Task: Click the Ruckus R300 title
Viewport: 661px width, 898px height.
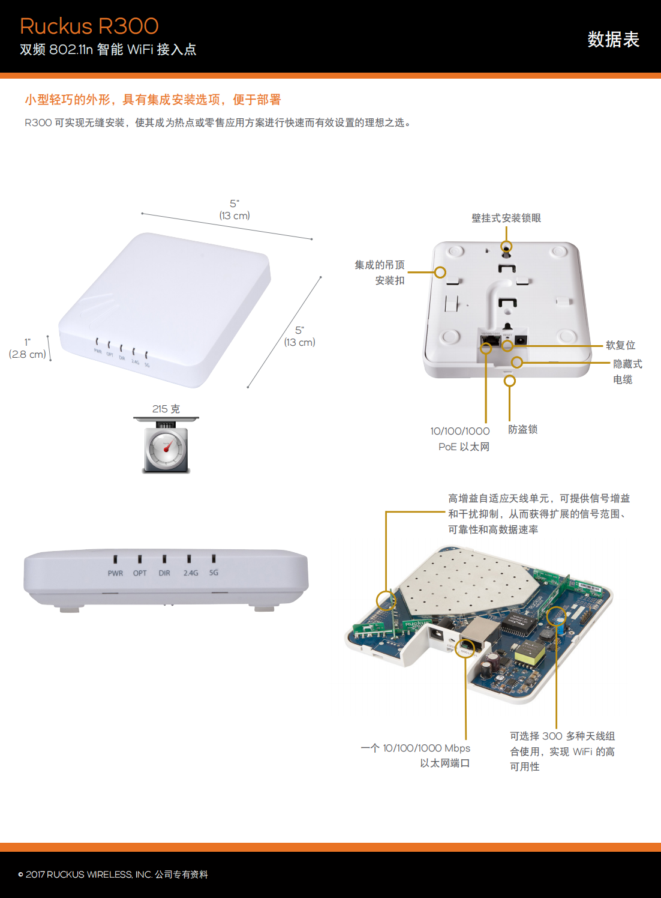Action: click(x=89, y=26)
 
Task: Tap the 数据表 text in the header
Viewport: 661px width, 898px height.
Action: click(x=613, y=40)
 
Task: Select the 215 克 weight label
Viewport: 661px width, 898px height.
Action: click(x=166, y=409)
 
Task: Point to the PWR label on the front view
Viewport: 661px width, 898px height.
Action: click(x=115, y=573)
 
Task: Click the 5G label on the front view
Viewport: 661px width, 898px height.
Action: click(x=214, y=573)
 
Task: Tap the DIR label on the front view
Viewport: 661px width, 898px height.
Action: click(x=164, y=573)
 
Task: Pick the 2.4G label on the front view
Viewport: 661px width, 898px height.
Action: click(x=191, y=573)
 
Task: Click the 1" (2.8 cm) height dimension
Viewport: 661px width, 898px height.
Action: click(x=28, y=349)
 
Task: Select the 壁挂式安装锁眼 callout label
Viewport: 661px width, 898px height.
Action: click(x=506, y=218)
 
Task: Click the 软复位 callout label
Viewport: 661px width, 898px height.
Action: click(x=620, y=345)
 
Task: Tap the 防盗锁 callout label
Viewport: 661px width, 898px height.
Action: click(x=522, y=429)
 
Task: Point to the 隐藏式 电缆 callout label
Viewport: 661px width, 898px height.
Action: click(x=627, y=372)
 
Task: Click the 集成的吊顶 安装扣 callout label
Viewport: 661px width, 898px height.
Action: click(x=380, y=273)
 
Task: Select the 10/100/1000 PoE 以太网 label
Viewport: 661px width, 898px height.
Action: click(x=460, y=439)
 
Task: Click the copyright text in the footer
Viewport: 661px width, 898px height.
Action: click(x=113, y=875)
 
